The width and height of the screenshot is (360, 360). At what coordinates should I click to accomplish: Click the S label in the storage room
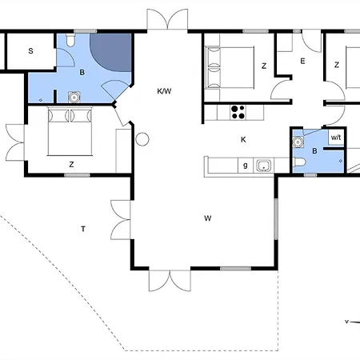pos(30,51)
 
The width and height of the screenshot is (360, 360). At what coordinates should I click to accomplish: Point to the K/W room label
pos(165,91)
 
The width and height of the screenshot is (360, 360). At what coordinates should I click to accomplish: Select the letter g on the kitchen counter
pos(245,166)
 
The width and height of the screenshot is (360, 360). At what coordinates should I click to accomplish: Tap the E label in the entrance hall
pos(302,61)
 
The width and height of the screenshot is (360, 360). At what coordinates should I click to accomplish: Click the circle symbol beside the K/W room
pos(142,141)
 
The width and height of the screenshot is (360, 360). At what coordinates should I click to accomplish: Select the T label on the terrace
pos(82,230)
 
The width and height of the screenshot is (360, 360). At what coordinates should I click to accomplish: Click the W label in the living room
pos(207,218)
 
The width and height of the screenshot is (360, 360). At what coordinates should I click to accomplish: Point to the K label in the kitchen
pos(243,139)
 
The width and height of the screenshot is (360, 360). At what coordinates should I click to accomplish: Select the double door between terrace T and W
pos(122,220)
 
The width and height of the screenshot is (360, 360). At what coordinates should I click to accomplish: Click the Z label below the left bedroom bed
pos(71,164)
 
